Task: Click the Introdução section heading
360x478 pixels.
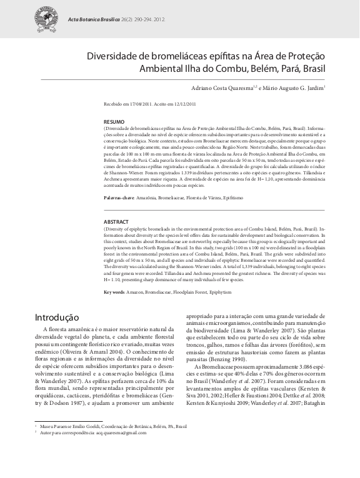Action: pyautogui.click(x=56, y=317)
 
